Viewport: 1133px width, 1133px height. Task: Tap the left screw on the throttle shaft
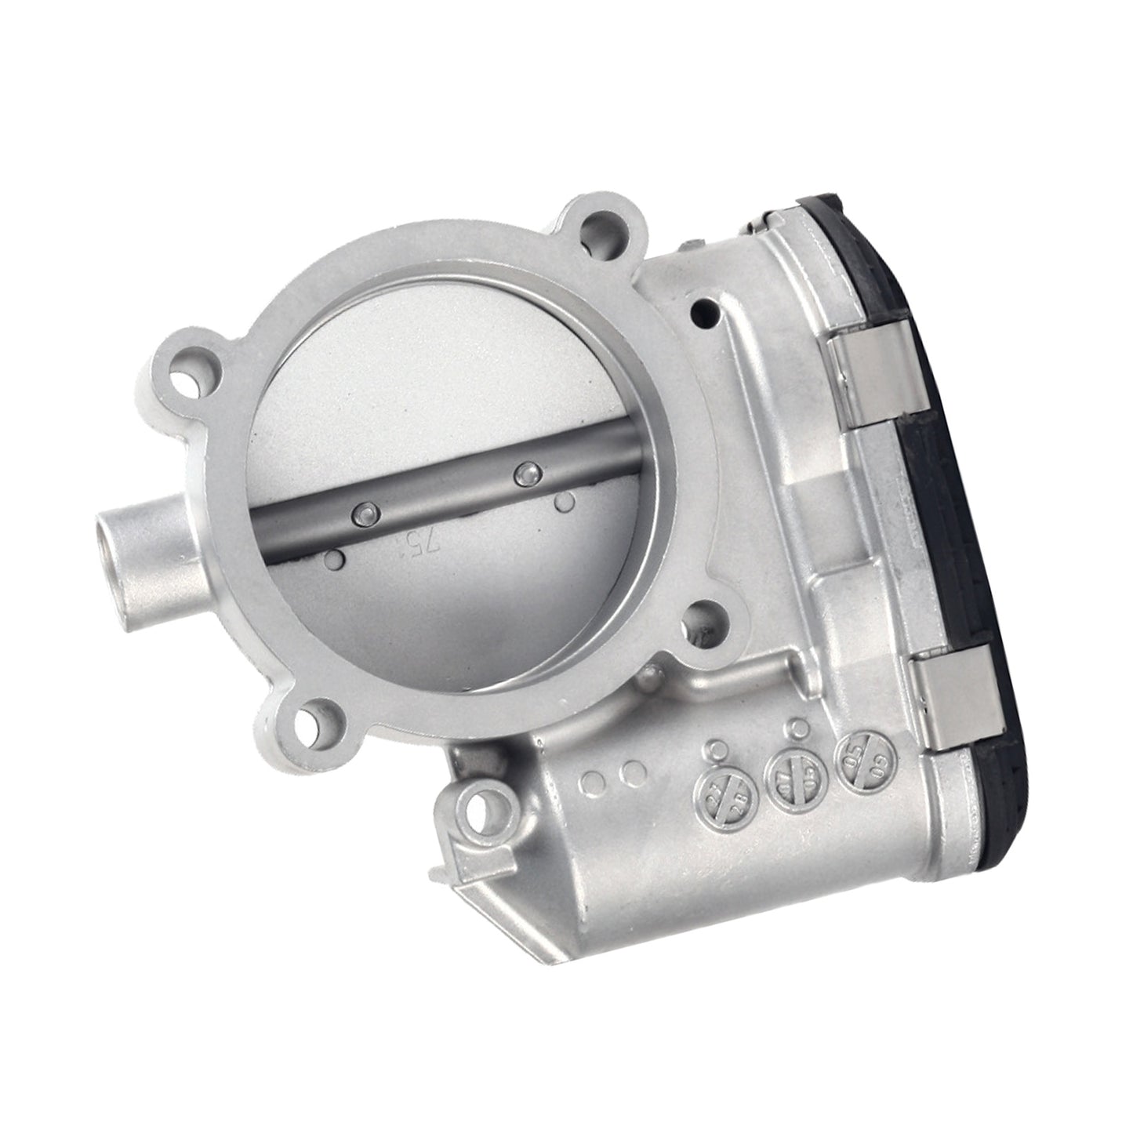coord(363,514)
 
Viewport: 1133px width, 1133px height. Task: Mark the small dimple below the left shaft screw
coord(335,558)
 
